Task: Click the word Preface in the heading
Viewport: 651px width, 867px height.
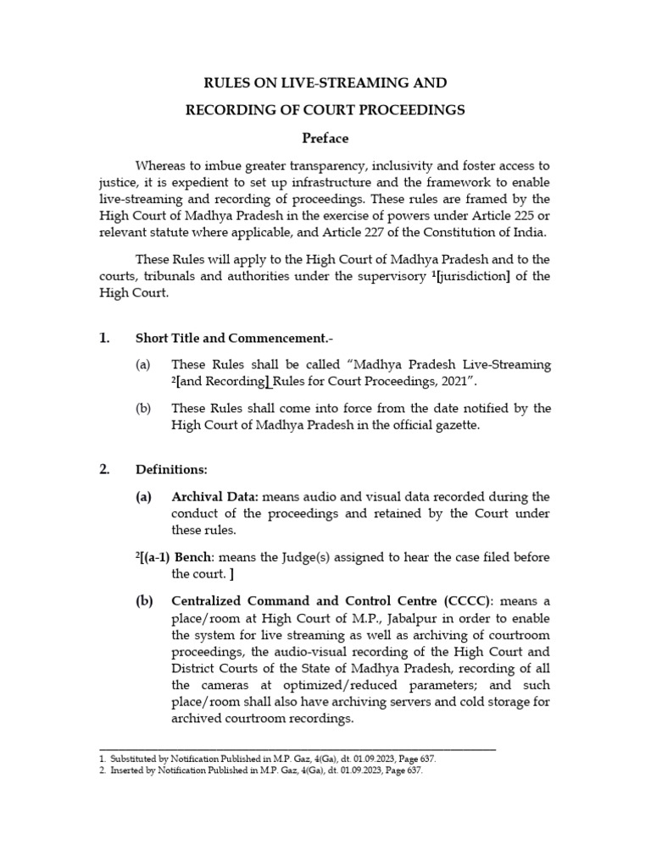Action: (x=325, y=138)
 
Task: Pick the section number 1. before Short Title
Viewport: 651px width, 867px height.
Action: (x=104, y=338)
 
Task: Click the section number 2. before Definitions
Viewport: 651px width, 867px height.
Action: (x=104, y=469)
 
